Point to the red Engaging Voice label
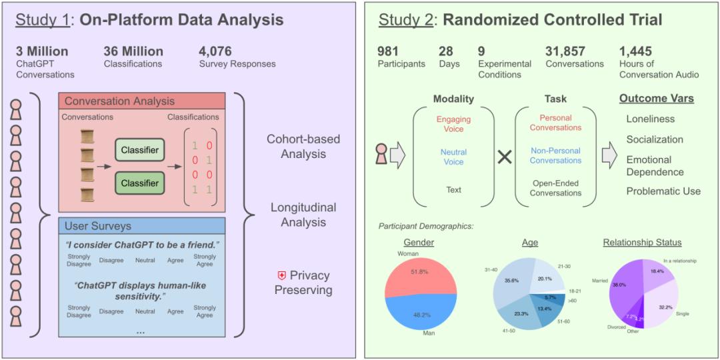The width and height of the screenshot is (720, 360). click(453, 125)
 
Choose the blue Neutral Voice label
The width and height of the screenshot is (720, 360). click(453, 157)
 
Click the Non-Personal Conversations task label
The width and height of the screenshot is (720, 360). click(556, 155)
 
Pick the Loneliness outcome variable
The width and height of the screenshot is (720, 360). click(650, 119)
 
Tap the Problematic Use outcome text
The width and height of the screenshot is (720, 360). click(663, 191)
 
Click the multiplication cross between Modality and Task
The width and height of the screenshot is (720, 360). click(505, 157)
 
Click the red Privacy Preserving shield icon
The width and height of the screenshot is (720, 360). click(281, 275)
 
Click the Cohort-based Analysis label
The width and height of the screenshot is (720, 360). click(303, 147)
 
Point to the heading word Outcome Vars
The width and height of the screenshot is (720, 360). click(656, 99)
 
